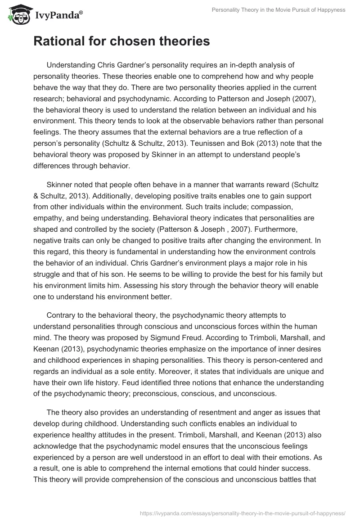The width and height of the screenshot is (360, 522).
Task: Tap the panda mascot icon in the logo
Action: (18, 15)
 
